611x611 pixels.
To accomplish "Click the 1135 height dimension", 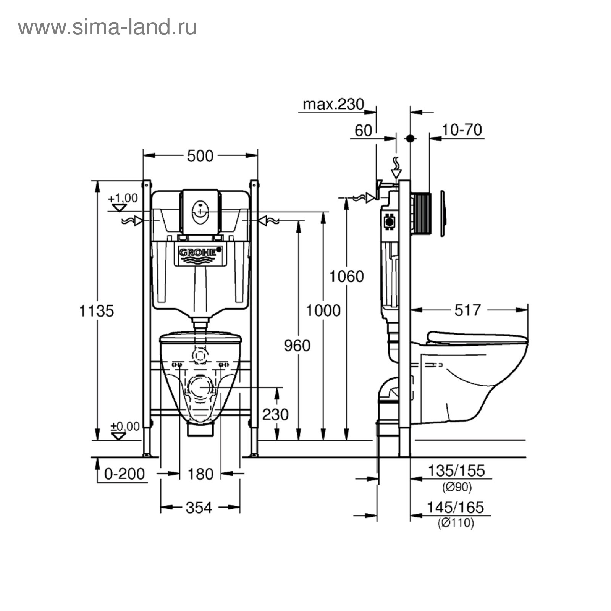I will (x=97, y=311).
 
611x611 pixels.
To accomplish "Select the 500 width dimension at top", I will (x=200, y=156).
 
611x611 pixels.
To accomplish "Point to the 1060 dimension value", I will (x=346, y=276).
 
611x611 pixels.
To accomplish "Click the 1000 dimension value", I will (x=323, y=311).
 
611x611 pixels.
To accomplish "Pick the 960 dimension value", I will (x=297, y=346).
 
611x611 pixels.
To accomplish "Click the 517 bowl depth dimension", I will (x=467, y=310).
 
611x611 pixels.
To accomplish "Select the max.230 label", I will (x=333, y=104).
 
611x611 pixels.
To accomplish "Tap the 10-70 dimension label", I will (x=462, y=130).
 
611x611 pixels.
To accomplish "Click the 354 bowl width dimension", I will (x=199, y=508).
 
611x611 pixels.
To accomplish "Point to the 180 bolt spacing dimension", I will (x=200, y=474).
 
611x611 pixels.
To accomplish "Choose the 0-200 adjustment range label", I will (x=124, y=474).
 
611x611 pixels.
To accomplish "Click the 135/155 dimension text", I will (x=456, y=471).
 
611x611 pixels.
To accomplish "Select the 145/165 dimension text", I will (x=455, y=508).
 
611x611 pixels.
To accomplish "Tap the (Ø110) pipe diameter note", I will (x=456, y=523).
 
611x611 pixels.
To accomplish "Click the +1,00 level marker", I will (x=123, y=199).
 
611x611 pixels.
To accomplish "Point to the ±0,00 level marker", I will (x=125, y=426).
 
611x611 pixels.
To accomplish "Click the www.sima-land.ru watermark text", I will (x=107, y=27).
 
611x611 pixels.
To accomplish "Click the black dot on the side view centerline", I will (x=410, y=139).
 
